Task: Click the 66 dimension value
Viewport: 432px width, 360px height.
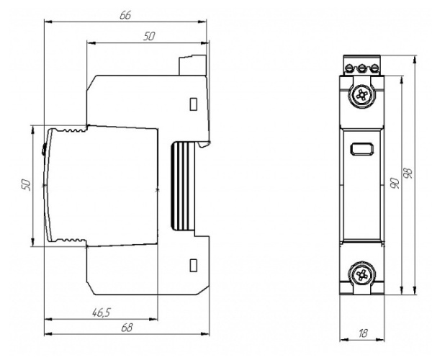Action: pos(125,15)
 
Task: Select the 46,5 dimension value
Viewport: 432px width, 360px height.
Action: pos(101,312)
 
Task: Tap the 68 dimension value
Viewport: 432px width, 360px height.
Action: pos(127,328)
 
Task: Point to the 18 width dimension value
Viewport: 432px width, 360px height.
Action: pos(363,333)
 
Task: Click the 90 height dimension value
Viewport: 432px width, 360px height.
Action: pos(395,183)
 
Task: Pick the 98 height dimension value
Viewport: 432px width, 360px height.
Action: pos(408,173)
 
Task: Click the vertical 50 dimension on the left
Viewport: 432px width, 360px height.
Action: pos(25,184)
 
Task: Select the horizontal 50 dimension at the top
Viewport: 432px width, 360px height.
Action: pos(149,36)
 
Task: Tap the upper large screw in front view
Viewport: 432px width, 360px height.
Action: pos(361,96)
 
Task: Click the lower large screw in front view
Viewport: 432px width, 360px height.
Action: pos(361,274)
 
